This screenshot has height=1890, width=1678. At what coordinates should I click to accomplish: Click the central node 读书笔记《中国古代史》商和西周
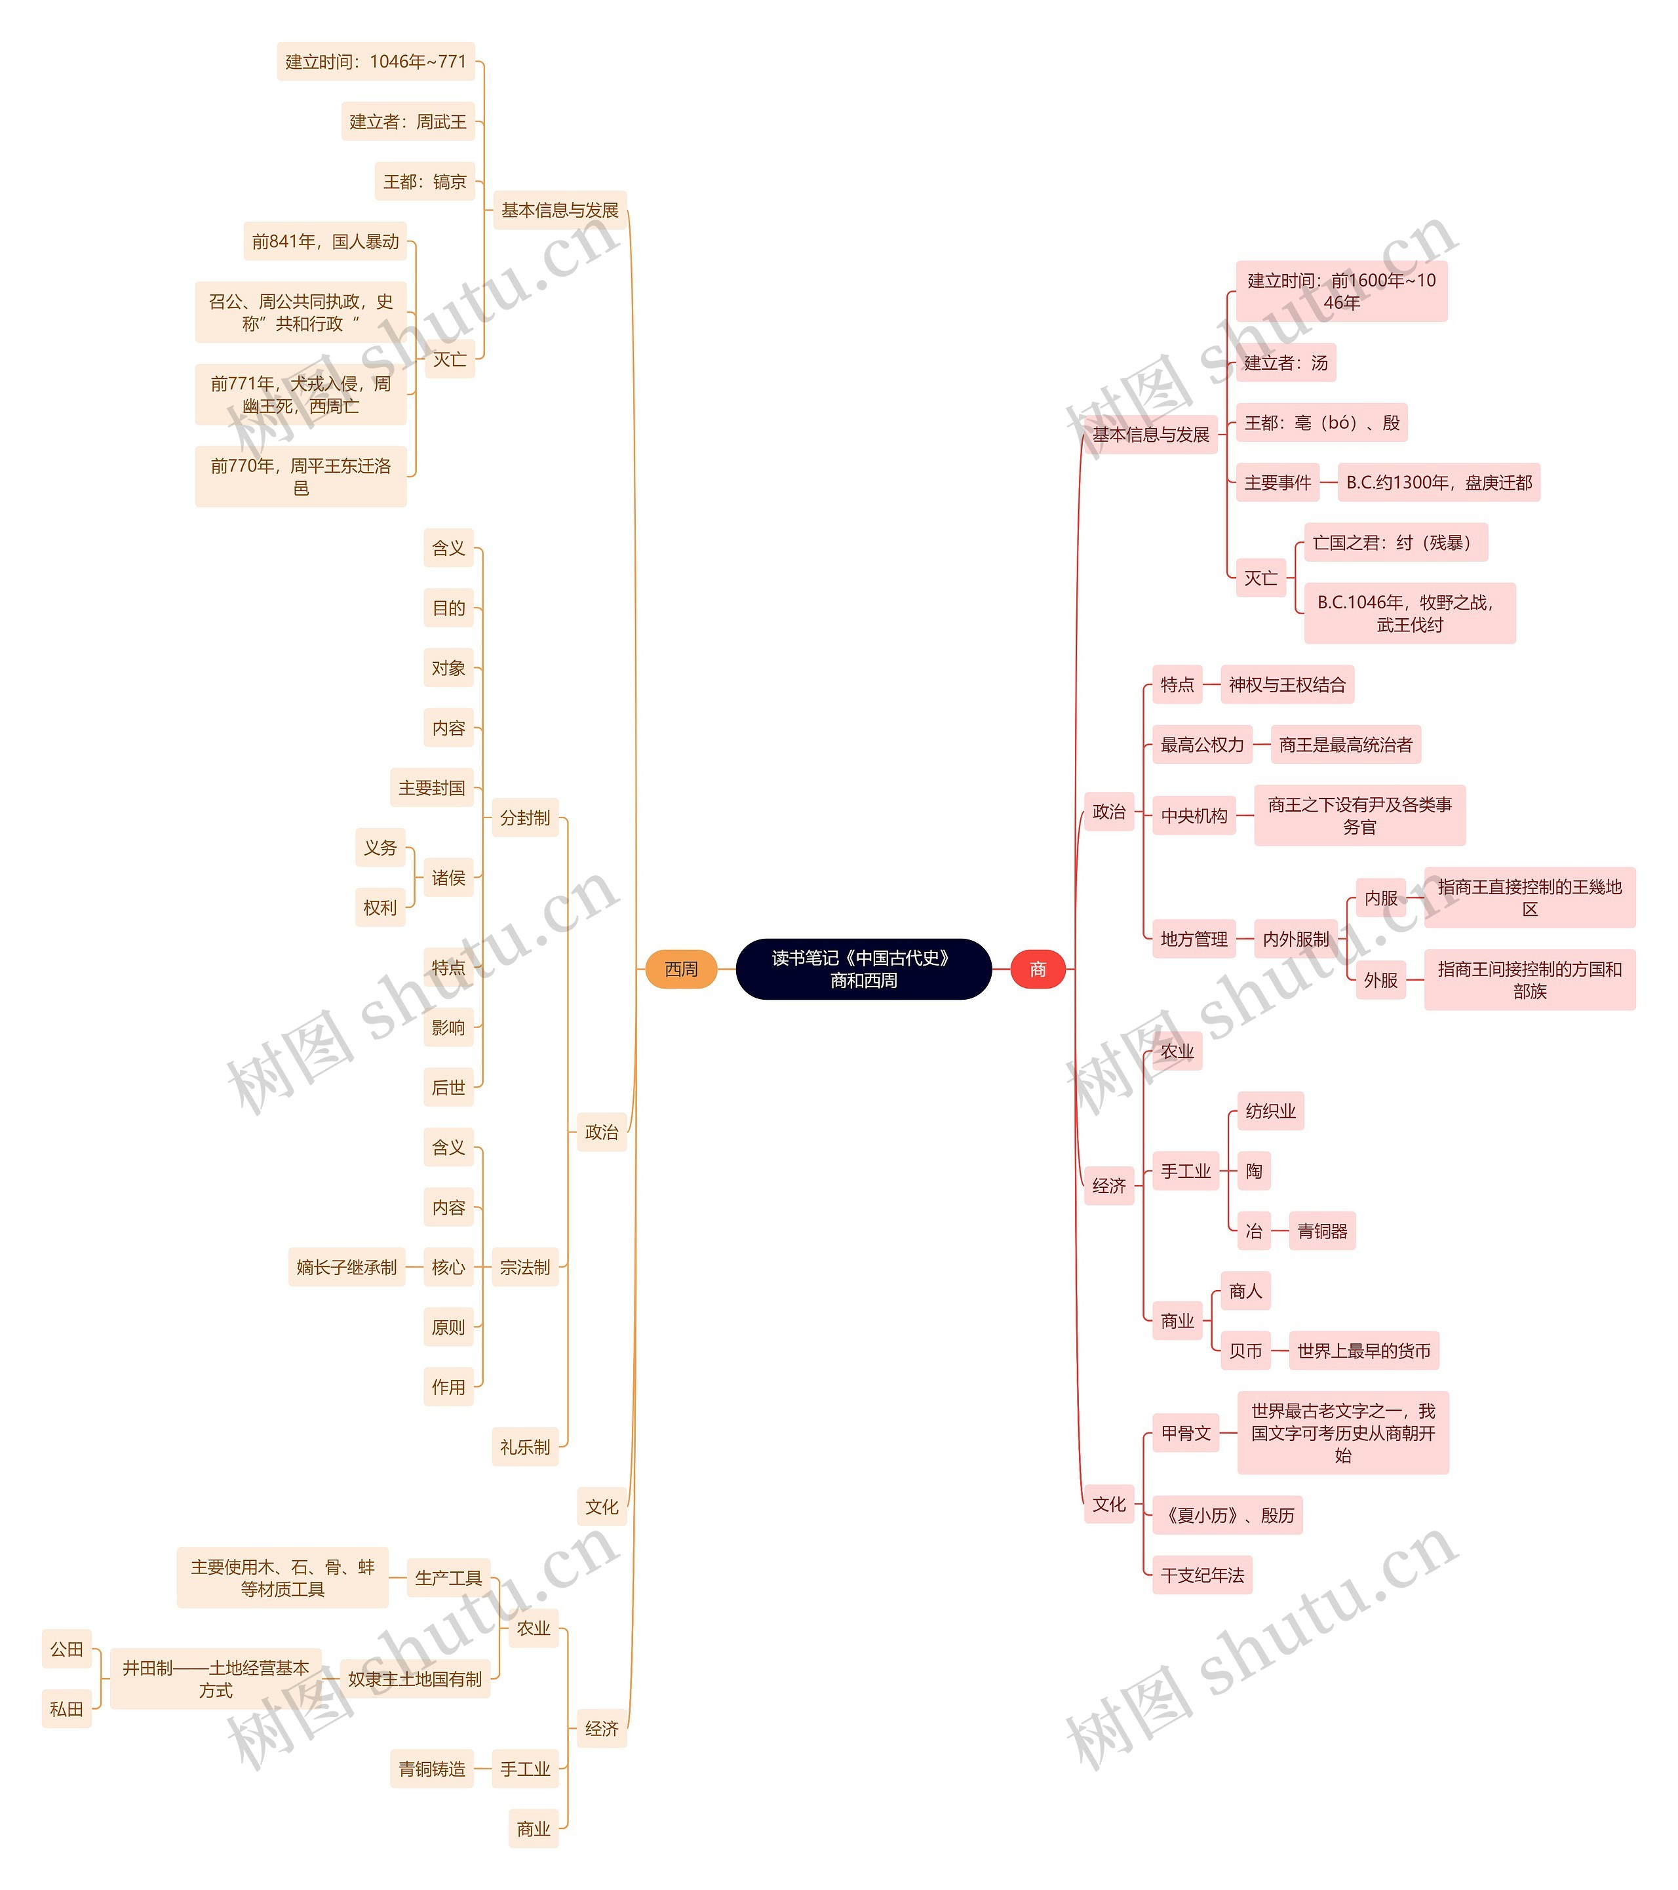[863, 969]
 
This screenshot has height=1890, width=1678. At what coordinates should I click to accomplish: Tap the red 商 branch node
[1038, 969]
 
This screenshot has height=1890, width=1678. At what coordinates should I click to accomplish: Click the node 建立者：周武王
[408, 122]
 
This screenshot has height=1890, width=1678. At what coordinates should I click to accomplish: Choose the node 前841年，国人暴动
[324, 241]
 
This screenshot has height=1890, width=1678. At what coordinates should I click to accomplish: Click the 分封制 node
[524, 817]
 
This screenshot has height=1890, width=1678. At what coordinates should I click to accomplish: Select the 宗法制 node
[524, 1267]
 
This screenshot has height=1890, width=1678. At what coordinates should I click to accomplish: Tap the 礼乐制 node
[524, 1447]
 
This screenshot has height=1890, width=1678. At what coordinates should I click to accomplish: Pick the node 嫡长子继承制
[346, 1267]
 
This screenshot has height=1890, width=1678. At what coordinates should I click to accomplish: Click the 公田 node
[67, 1649]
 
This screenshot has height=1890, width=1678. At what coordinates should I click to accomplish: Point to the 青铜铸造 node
[432, 1769]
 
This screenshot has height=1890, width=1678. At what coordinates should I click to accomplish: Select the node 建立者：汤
[1285, 363]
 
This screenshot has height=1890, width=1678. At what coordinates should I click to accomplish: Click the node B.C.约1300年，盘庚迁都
[1439, 482]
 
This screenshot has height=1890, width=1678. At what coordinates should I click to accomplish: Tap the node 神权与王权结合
[1287, 684]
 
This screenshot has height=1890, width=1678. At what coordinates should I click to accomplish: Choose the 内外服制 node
[1295, 939]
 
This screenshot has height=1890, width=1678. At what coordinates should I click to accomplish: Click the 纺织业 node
[1270, 1111]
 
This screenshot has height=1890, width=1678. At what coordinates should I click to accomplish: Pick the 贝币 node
[1245, 1351]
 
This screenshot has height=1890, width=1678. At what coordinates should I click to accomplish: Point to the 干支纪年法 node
[1202, 1575]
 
